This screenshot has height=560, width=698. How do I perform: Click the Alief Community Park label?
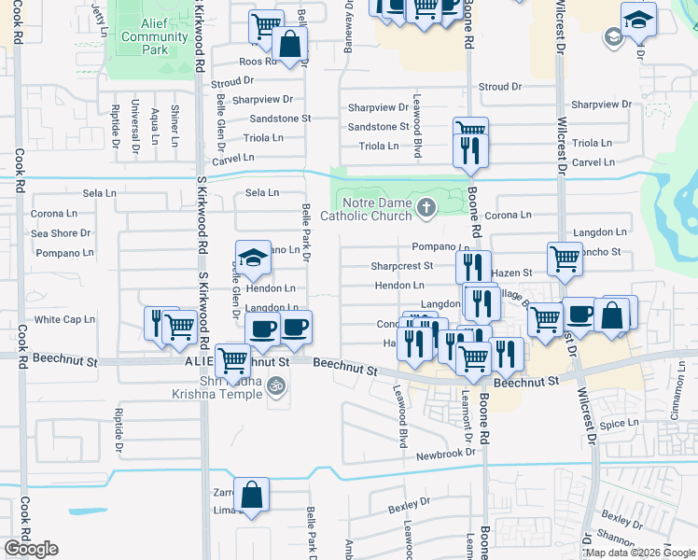coord(154,36)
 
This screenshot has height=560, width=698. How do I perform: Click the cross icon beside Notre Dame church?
coord(426,207)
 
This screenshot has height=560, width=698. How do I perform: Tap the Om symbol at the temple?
coord(275,384)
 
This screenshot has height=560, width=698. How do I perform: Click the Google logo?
coord(31,549)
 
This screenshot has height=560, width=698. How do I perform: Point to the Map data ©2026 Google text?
coord(640,553)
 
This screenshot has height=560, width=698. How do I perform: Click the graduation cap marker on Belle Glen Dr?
coord(252,258)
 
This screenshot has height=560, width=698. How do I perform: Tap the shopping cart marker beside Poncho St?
coord(565,259)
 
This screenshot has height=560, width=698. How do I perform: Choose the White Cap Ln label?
coord(65,319)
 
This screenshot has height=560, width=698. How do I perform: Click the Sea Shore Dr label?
coord(61,233)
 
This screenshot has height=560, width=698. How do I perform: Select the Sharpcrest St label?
coord(402,266)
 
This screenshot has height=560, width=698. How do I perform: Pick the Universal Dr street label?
coord(135,126)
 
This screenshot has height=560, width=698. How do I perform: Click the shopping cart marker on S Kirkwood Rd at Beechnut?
coord(231,360)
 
